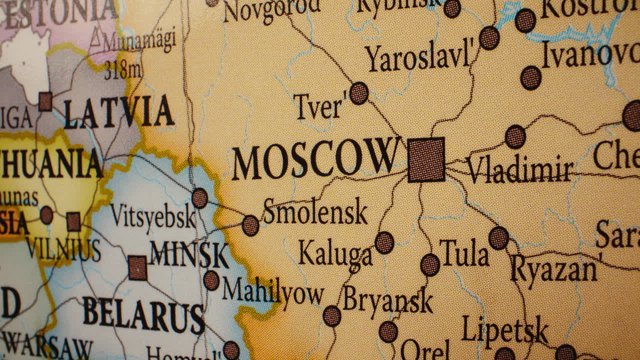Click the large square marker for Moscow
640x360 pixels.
[426, 159]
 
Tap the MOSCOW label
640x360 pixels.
[315, 159]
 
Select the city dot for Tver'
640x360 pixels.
[358, 93]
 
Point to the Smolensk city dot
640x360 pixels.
[250, 225]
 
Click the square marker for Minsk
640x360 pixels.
[137, 267]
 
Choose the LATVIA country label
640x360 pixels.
[119, 112]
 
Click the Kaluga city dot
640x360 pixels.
[384, 242]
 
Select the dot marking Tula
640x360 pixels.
[430, 264]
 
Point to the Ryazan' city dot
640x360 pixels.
[498, 238]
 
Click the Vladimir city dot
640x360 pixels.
[515, 136]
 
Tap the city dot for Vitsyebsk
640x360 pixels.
[199, 198]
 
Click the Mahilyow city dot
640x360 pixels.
[211, 280]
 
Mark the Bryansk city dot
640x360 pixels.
[331, 316]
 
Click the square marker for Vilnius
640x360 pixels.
[73, 221]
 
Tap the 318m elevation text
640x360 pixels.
[122, 70]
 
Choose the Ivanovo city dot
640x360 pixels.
[530, 78]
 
